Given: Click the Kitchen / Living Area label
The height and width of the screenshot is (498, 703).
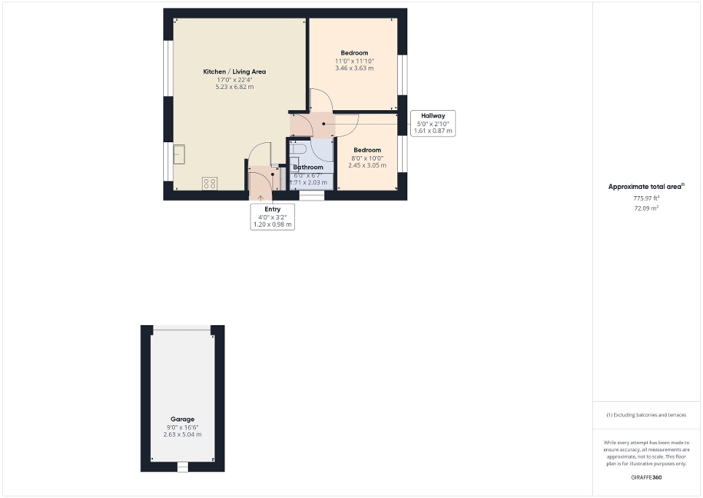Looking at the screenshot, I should coord(234,71).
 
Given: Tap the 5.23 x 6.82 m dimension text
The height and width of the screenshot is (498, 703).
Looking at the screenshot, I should coord(234,87).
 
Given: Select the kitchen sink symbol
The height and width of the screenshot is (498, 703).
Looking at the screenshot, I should coord(178,154).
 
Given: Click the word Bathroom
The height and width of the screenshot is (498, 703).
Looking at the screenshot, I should coord(308,167).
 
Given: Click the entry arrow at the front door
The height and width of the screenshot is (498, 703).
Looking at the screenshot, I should coord(261,196).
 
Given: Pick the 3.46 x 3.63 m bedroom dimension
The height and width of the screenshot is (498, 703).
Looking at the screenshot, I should coord(354,69).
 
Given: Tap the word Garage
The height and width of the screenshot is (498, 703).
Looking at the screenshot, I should coord(182,419).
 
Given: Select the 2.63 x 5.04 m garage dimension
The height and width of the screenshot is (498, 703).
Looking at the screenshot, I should coord(182,435).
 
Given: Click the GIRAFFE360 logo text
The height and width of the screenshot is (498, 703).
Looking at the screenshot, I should coord(646,477).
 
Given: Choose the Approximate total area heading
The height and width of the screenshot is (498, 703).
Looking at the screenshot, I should coord(645,187).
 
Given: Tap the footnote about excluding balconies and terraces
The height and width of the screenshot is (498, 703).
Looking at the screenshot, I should coord(646,415).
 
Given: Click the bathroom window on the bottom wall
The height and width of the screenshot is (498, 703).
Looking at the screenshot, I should coord(312,195).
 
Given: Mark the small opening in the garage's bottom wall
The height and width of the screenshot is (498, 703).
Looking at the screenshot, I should coord(183,467).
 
